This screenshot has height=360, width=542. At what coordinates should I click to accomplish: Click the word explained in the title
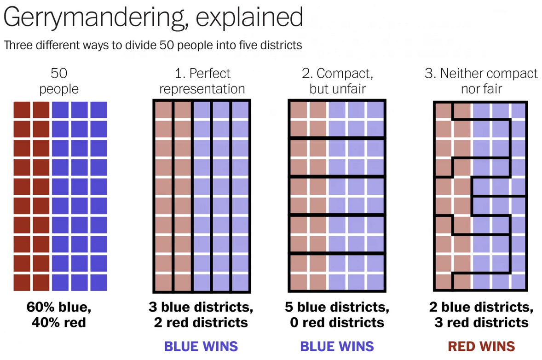coord(249,17)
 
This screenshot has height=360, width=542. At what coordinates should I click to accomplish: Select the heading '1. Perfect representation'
coord(202,81)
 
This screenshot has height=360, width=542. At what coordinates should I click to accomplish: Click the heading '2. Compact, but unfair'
coord(337,81)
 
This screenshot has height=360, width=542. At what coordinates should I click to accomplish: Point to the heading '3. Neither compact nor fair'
coord(481,81)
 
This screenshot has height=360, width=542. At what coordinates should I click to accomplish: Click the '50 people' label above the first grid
coord(59,81)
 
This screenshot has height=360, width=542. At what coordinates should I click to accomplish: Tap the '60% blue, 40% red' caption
coord(59,314)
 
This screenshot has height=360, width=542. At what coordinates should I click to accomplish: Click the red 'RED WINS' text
coord(481,346)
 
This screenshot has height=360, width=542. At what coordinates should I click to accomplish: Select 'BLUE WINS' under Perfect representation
coord(201,346)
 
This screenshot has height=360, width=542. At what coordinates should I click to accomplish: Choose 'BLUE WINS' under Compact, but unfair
coord(337,346)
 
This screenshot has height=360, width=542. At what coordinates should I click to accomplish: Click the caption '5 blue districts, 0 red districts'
coord(337,314)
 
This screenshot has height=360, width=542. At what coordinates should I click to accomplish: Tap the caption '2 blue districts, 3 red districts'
coord(481,314)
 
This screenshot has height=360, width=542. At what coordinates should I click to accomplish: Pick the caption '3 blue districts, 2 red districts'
coord(201,314)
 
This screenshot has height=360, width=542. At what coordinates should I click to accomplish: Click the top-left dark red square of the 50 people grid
coord(22,110)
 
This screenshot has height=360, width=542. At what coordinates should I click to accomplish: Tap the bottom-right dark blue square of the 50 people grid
coord(98,283)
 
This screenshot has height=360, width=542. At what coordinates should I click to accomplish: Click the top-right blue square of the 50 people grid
coord(98,110)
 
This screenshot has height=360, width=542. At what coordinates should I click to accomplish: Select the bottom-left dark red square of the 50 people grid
coord(22,283)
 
